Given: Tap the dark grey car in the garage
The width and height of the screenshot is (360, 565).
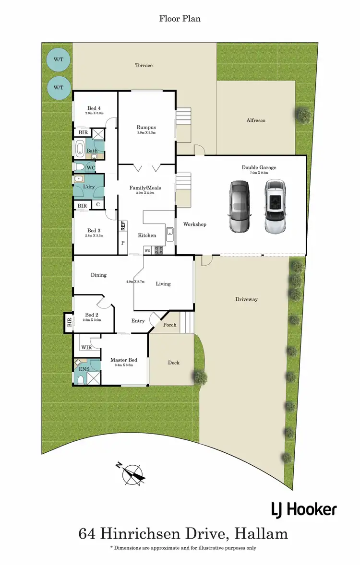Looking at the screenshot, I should coord(239,207).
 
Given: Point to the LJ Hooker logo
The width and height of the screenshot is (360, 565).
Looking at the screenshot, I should coord(303,509).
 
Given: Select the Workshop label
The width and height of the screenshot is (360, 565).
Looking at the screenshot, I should coord(194,224).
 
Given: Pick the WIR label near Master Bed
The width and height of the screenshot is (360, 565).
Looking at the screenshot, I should coord(86,347).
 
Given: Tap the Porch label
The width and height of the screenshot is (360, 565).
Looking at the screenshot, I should coord(169,325).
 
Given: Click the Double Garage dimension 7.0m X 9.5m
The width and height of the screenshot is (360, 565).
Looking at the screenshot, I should coord(259,174).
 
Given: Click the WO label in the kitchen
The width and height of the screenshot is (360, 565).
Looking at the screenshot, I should coord(147,250).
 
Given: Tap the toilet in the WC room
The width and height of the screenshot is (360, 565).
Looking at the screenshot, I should coord(80,167).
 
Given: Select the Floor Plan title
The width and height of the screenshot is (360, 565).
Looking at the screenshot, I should coord(180,19).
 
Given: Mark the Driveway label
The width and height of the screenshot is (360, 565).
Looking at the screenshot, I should coord(246,299).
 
